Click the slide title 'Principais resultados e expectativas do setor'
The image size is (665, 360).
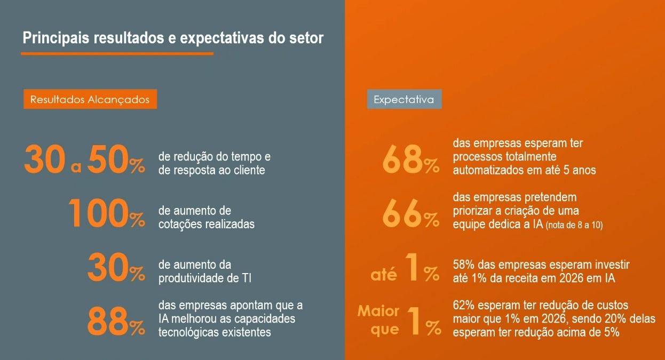click(x=172, y=38)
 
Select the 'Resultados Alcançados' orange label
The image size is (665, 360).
click(x=90, y=99)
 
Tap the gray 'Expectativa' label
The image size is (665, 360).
click(x=404, y=99)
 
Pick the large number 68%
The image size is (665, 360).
click(x=410, y=160)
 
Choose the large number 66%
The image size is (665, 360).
click(x=410, y=214)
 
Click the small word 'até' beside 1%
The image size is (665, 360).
click(x=384, y=275)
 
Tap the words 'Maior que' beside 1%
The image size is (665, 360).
click(x=378, y=320)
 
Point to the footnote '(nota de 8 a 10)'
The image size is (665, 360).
click(x=574, y=226)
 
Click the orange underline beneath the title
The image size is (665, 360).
click(x=117, y=53)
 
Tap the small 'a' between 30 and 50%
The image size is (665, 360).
click(x=76, y=167)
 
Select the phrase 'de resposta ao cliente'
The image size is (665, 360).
click(x=211, y=171)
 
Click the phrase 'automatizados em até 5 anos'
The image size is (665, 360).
click(x=524, y=171)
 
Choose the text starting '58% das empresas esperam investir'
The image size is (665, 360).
click(x=541, y=265)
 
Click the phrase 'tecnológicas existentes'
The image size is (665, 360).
click(x=215, y=332)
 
